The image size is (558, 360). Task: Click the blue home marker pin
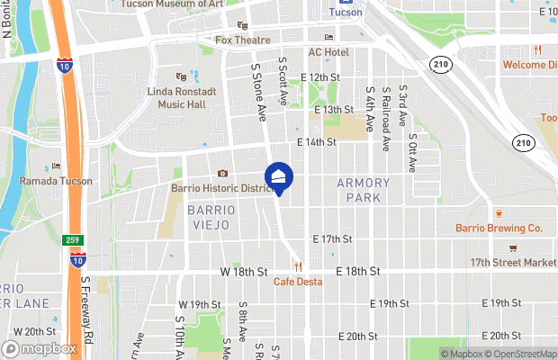coord(279,177)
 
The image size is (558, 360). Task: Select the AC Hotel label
coord(328,52)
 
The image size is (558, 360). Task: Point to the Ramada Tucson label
coord(56,181)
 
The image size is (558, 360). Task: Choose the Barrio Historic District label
coord(221,188)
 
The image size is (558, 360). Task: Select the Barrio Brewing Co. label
coord(499,229)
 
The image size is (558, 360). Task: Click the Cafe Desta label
coord(298,281)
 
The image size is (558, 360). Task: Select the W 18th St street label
coord(244,271)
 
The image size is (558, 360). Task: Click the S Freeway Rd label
coord(87,310)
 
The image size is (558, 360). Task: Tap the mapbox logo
coord(40,348)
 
